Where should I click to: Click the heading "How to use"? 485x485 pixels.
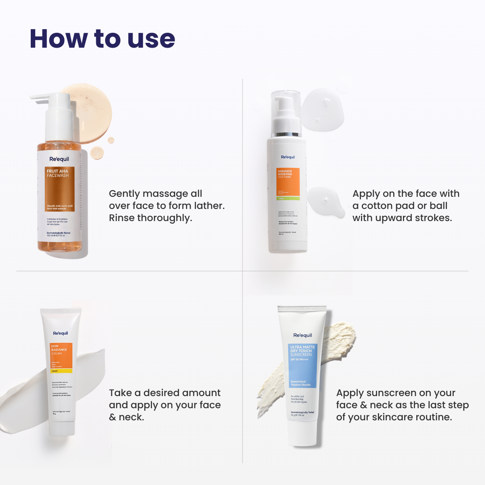coord(102,39)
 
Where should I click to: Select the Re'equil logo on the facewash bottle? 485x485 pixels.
coord(59,159)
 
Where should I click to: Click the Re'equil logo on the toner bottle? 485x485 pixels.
coord(288,157)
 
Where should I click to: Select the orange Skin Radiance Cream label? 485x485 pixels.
coord(61,357)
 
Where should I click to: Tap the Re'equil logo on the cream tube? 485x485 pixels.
coord(61,333)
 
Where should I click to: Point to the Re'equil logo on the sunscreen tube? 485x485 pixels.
coord(303,335)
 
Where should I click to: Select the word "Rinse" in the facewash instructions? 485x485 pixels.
coord(122,218)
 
